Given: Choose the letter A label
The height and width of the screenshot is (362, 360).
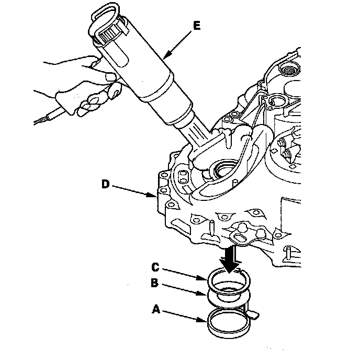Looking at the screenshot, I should (x=155, y=309).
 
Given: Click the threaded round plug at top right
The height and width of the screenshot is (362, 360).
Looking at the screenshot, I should (x=287, y=68).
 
